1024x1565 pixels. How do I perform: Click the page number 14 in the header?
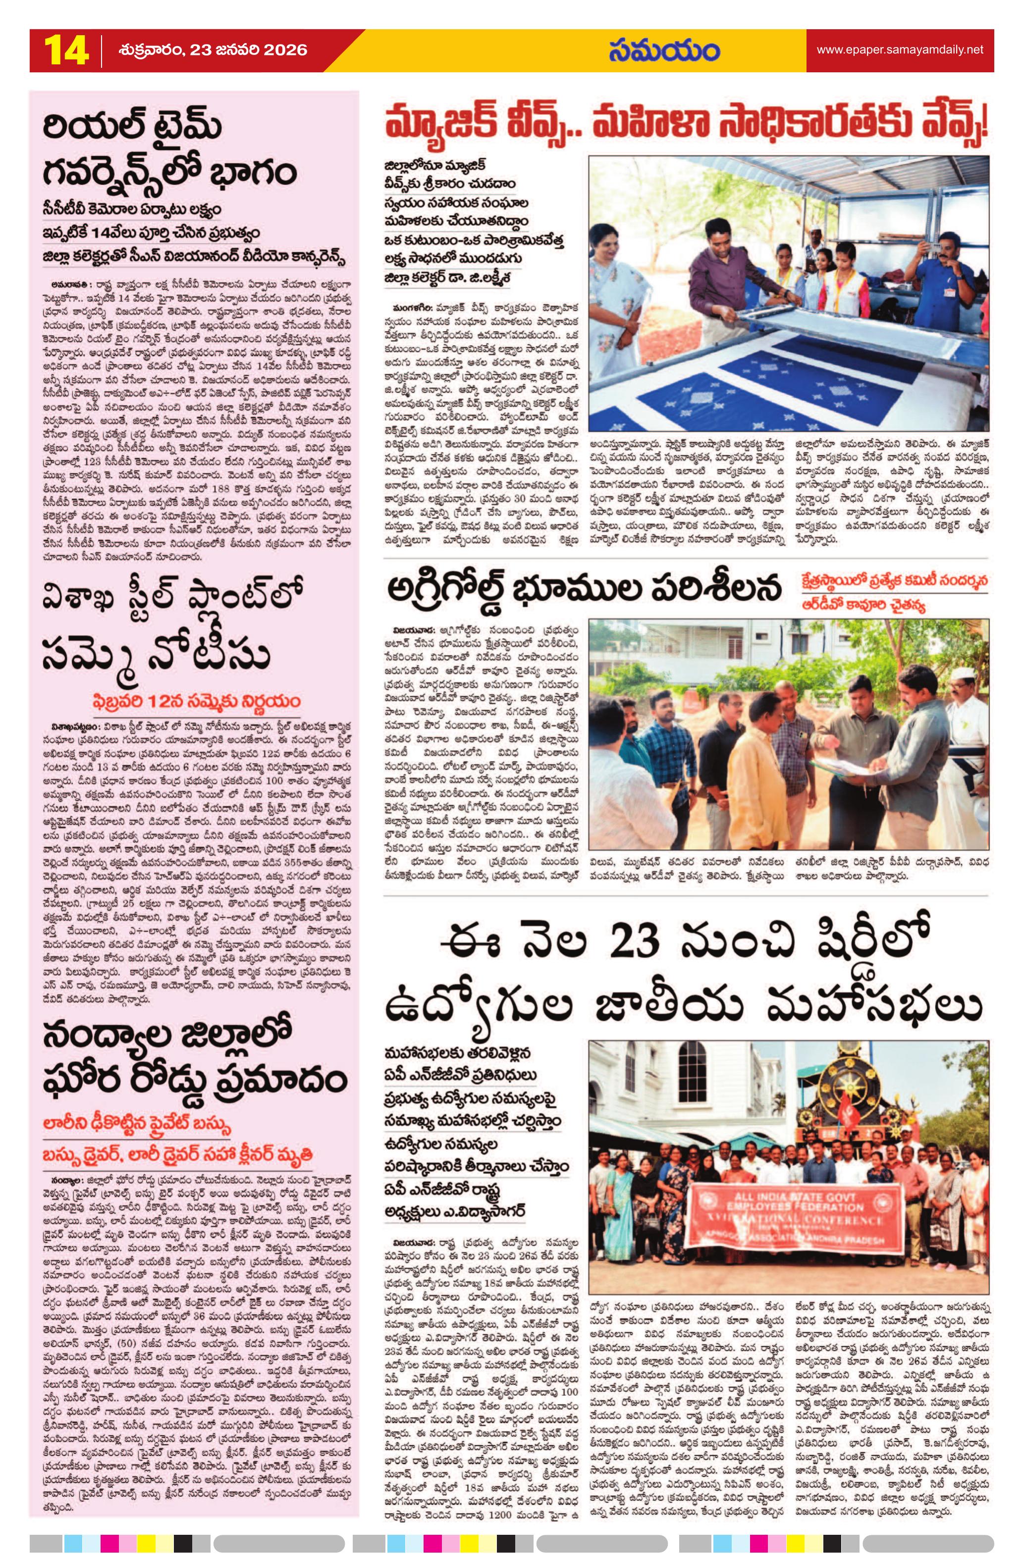pyautogui.click(x=66, y=51)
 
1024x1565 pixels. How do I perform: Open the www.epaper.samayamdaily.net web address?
pyautogui.click(x=900, y=50)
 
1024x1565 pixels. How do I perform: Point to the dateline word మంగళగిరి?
pyautogui.click(x=408, y=307)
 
